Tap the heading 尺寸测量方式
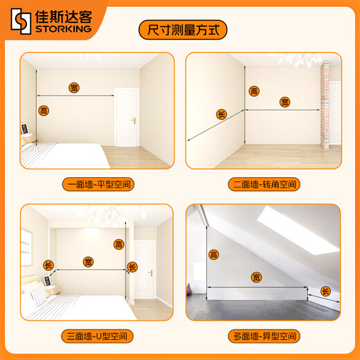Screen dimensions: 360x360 pyautogui.click(x=180, y=30)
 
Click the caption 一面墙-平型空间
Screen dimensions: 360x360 pyautogui.click(x=97, y=184)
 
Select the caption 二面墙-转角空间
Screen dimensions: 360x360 pyautogui.click(x=263, y=184)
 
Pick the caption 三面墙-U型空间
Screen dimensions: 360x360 pyautogui.click(x=97, y=337)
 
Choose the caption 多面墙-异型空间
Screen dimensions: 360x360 pyautogui.click(x=263, y=337)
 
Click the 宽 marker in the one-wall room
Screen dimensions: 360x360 pyautogui.click(x=74, y=88)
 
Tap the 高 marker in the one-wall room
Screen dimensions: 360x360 pyautogui.click(x=44, y=111)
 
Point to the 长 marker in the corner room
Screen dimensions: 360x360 pyautogui.click(x=222, y=114)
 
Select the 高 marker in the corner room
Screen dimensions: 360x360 pyautogui.click(x=254, y=91)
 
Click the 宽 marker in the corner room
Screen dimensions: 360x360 pyautogui.click(x=284, y=102)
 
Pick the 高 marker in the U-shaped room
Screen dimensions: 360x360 pyautogui.click(x=118, y=244)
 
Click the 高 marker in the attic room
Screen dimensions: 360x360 pyautogui.click(x=215, y=255)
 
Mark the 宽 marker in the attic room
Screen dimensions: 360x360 pyautogui.click(x=256, y=277)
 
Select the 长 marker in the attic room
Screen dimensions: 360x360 pyautogui.click(x=326, y=293)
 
